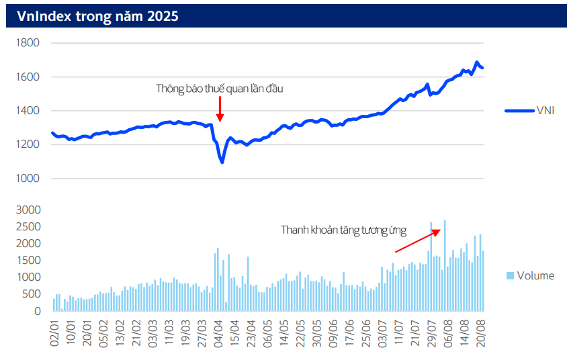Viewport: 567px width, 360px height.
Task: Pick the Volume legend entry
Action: tap(530, 275)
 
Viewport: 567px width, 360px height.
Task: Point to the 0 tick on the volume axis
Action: tap(38, 311)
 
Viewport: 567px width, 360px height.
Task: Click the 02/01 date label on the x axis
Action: tap(54, 333)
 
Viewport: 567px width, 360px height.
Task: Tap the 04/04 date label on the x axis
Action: tap(218, 333)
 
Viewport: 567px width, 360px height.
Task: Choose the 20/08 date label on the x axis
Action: tap(482, 333)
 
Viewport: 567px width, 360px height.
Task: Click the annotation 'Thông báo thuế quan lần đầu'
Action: tap(215, 89)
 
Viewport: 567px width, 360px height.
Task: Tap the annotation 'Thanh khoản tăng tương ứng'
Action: tap(343, 230)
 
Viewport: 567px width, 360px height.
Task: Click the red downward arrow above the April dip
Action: tap(220, 109)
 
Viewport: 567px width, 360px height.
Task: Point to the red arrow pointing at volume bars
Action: tap(417, 240)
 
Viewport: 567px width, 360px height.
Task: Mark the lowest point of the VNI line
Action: tap(222, 162)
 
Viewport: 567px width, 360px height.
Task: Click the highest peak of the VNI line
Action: tap(477, 62)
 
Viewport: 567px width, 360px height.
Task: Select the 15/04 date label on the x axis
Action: tap(234, 333)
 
